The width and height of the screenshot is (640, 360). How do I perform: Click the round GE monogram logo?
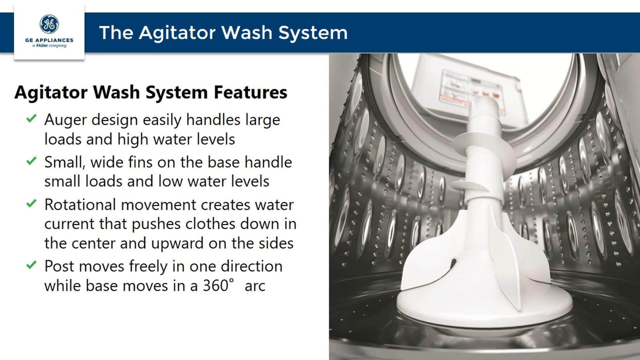49,24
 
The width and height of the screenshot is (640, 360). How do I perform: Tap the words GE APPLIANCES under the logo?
49,40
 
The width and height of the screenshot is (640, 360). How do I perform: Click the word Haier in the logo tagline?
42,46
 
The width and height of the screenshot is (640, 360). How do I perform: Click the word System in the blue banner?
313,33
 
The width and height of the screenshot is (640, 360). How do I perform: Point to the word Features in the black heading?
250,92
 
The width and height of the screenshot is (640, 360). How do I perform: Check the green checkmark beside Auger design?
32,118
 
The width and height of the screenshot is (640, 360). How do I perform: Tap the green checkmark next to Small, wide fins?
32,160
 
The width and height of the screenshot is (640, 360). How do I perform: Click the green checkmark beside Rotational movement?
32,203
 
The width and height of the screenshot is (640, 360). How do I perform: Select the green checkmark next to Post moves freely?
32,265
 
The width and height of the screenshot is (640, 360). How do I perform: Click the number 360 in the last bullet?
216,286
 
